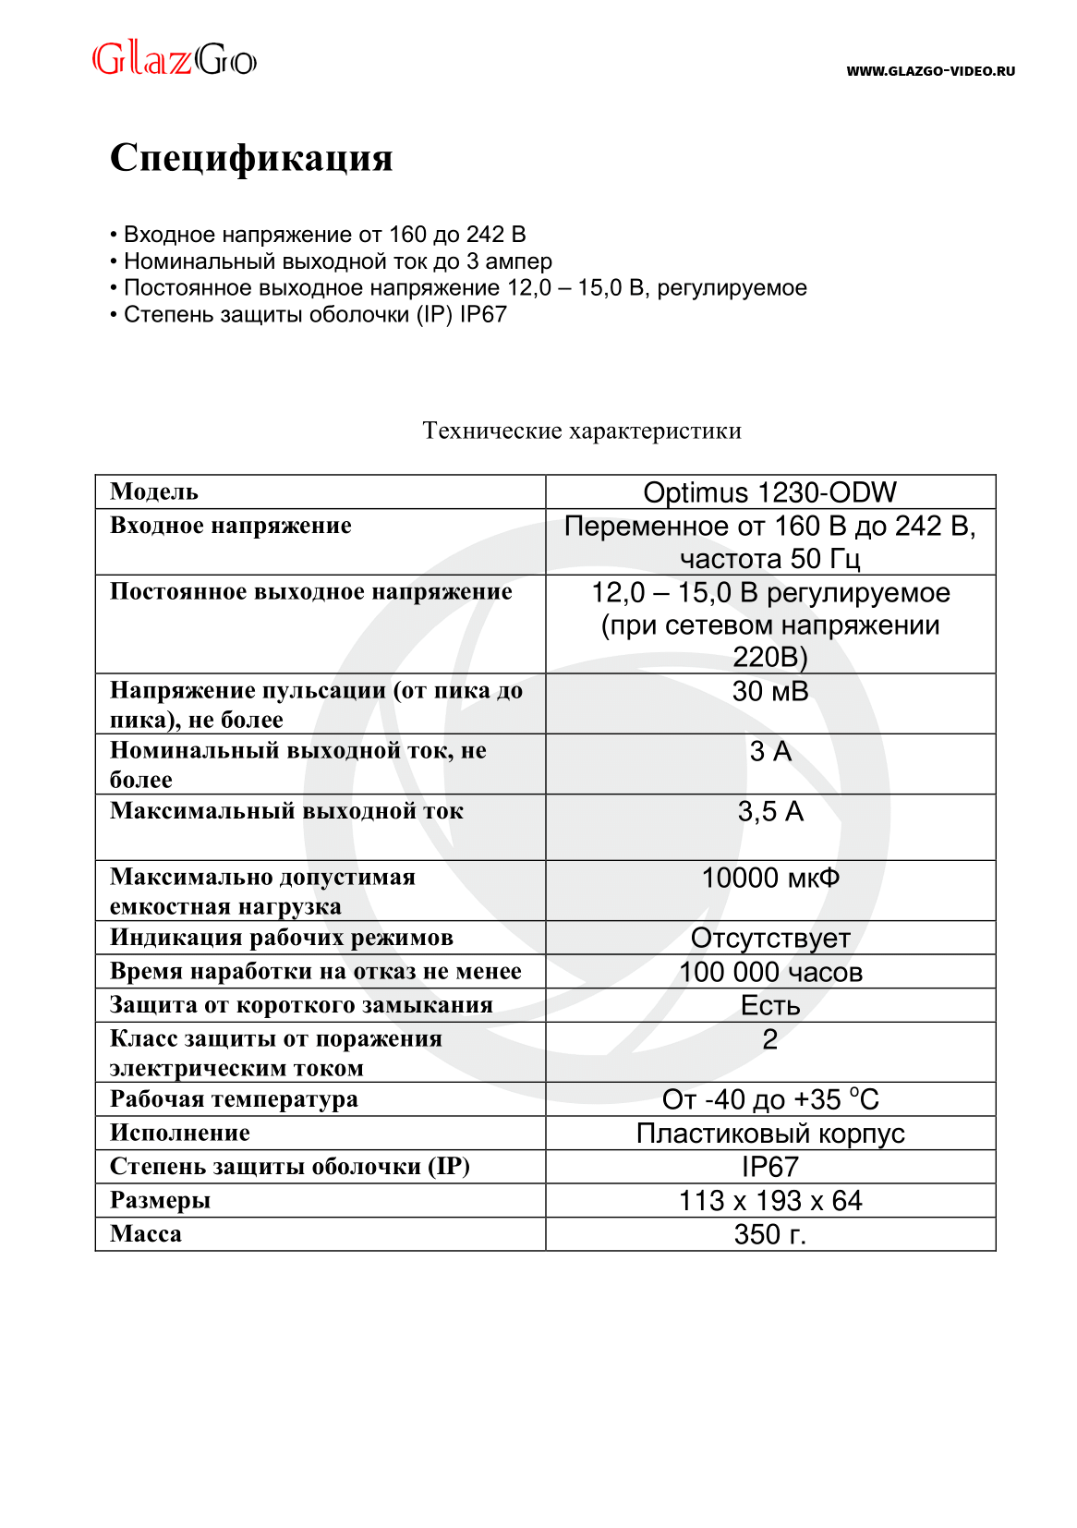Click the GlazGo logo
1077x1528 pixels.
click(174, 60)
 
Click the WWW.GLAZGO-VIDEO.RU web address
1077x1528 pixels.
click(930, 71)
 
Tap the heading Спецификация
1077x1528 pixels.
click(251, 158)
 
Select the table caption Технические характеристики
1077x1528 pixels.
click(582, 431)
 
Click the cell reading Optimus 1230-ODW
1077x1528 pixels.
click(769, 492)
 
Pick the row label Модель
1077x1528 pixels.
click(154, 491)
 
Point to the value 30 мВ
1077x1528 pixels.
click(769, 691)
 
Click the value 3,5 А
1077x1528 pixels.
click(769, 811)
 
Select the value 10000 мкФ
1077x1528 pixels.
click(769, 878)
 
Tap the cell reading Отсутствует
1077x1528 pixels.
click(769, 938)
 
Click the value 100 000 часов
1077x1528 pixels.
click(769, 972)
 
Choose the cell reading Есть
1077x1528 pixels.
click(769, 1005)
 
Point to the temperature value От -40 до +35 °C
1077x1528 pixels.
click(769, 1099)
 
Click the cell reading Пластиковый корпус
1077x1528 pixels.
click(769, 1134)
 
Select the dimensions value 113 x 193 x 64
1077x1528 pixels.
click(769, 1201)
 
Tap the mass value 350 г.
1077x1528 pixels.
click(769, 1234)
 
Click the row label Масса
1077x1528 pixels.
click(146, 1234)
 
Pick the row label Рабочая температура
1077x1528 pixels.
click(234, 1099)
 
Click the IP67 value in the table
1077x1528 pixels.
click(769, 1167)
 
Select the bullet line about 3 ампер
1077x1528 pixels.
click(337, 261)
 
